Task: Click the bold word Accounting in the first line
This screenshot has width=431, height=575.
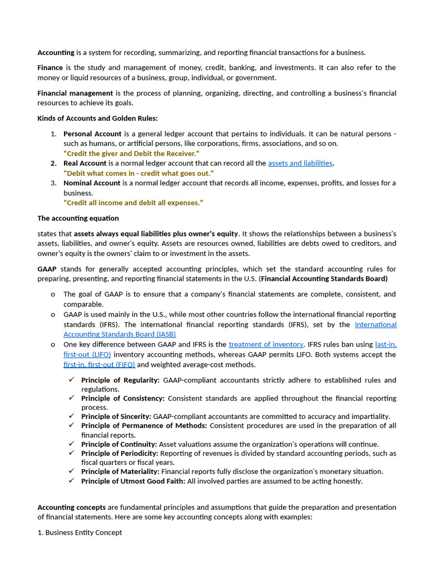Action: click(56, 53)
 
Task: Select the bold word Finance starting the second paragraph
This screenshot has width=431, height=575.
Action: click(51, 67)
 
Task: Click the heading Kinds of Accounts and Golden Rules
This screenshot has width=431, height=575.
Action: click(98, 118)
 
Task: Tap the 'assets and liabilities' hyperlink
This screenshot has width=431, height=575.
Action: click(300, 163)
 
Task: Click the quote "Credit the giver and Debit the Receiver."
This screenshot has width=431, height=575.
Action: click(131, 153)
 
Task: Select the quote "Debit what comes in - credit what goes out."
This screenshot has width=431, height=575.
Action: click(138, 174)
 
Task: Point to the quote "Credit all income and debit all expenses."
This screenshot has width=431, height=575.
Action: click(133, 203)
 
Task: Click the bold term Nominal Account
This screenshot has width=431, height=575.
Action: click(91, 183)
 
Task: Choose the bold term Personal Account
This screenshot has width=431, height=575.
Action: click(92, 134)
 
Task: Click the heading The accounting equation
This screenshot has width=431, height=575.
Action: click(78, 218)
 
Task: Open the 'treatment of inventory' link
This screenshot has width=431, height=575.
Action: click(266, 344)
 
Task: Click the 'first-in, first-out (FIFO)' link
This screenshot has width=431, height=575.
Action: click(99, 364)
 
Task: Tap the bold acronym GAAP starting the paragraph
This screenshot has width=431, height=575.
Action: click(47, 269)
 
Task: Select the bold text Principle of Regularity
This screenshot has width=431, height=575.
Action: click(121, 380)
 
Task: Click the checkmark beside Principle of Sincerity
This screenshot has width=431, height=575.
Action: click(71, 416)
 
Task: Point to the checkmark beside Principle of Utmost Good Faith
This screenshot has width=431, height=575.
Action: click(71, 481)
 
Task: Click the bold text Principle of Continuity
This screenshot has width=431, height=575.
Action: click(119, 444)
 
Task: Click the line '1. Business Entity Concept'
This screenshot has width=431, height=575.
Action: click(80, 532)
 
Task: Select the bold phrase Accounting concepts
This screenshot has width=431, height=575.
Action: click(71, 507)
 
